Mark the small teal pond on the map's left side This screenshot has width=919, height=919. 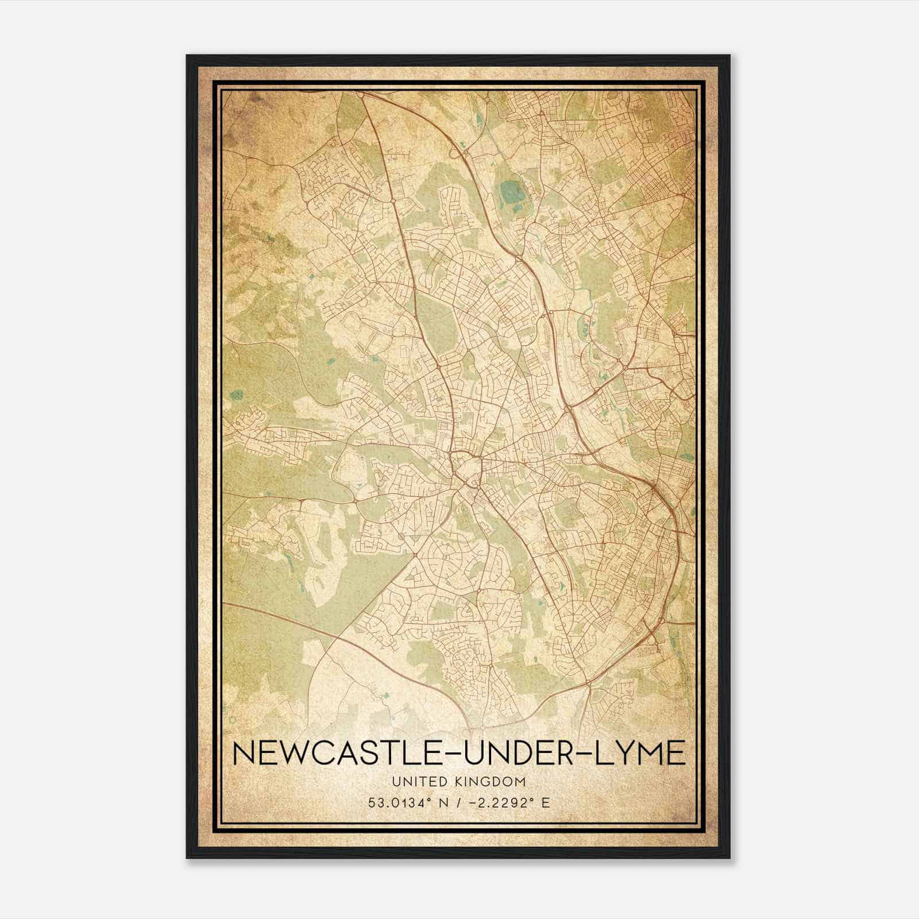click(235, 395)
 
